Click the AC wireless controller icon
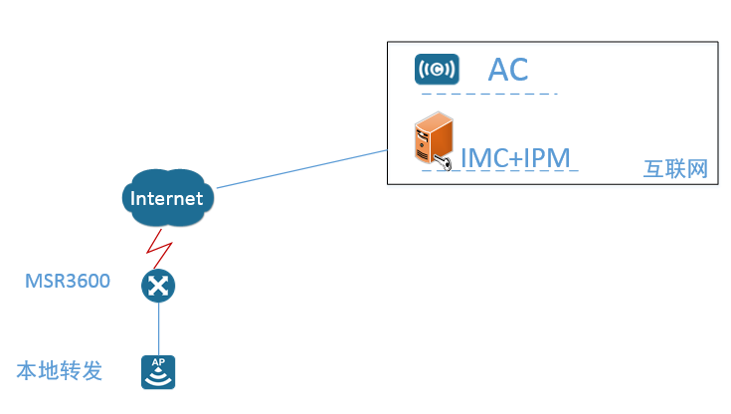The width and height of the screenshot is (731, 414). [x=437, y=70]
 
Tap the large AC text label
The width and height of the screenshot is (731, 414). [x=508, y=70]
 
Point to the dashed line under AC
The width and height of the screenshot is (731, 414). [x=488, y=95]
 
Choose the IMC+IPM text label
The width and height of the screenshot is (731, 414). [x=514, y=158]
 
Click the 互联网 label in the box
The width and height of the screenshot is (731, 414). [x=675, y=169]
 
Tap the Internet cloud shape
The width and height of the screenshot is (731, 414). [x=167, y=198]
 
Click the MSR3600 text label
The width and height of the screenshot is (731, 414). [x=68, y=282]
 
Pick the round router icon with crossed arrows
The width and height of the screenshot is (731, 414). [x=158, y=287]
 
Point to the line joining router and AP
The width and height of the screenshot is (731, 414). [x=158, y=328]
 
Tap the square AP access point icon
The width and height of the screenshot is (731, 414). [x=158, y=372]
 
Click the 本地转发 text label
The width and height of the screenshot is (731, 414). [x=60, y=372]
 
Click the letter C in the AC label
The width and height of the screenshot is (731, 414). [x=518, y=70]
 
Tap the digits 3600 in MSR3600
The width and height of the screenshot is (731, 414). [x=87, y=282]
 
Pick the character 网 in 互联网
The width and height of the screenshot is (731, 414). [x=697, y=169]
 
